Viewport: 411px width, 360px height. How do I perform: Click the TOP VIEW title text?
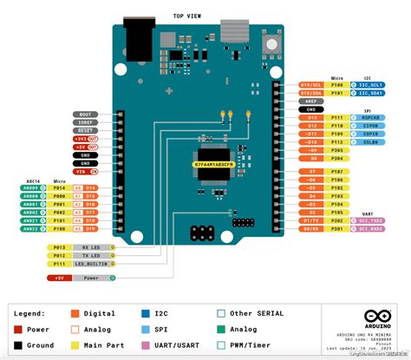pos(189,16)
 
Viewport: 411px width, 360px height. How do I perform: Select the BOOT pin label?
pos(84,115)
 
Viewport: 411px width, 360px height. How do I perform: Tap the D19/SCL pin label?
pos(310,85)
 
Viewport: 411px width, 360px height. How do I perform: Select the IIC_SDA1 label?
pos(371,93)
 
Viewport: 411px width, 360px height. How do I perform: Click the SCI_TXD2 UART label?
pos(371,221)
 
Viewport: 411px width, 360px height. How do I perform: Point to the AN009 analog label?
pos(30,187)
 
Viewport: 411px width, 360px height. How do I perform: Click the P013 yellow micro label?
pos(60,247)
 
